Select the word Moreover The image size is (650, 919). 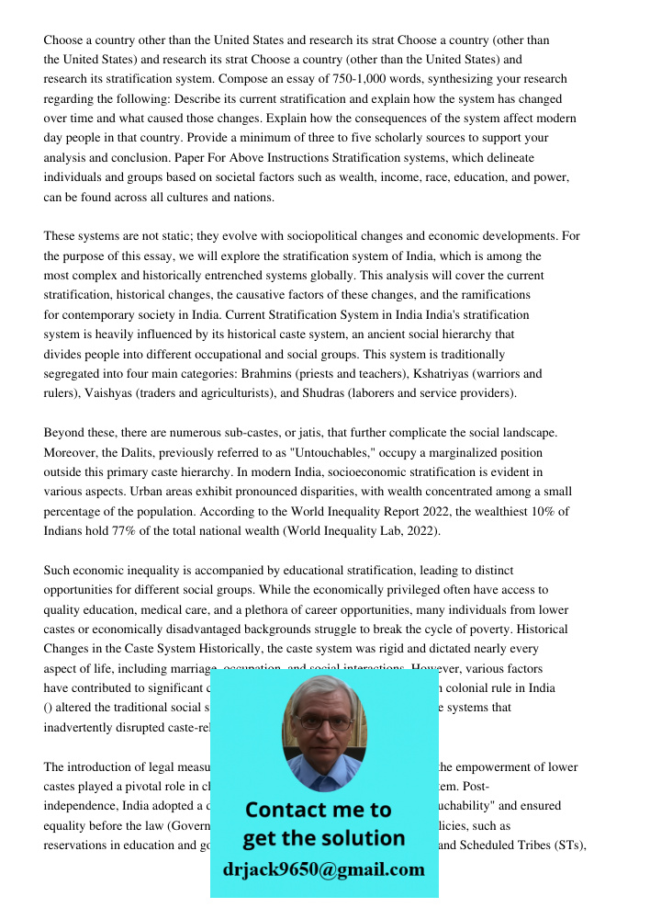[72, 452]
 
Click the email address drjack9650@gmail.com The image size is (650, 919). [323, 869]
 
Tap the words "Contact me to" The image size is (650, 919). [318, 810]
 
